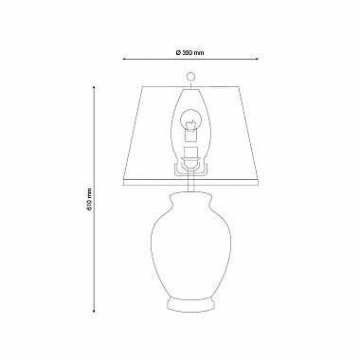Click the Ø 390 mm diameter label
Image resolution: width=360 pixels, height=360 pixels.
(189, 53)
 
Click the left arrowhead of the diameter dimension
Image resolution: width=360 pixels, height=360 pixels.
(125, 59)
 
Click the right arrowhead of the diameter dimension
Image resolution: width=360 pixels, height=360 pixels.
(257, 59)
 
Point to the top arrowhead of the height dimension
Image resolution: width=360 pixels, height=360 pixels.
(94, 88)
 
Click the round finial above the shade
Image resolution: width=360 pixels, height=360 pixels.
(190, 77)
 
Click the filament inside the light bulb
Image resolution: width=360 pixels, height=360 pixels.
(190, 126)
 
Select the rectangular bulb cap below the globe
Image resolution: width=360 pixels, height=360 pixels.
(190, 135)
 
